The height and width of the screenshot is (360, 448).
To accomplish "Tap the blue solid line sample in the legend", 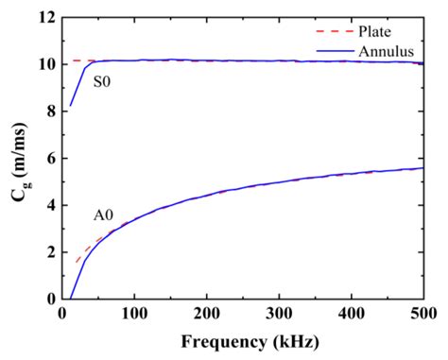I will coord(329,49).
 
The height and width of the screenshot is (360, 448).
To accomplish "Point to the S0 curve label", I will coord(102,82).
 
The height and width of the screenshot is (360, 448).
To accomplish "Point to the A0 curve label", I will coord(104,215).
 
